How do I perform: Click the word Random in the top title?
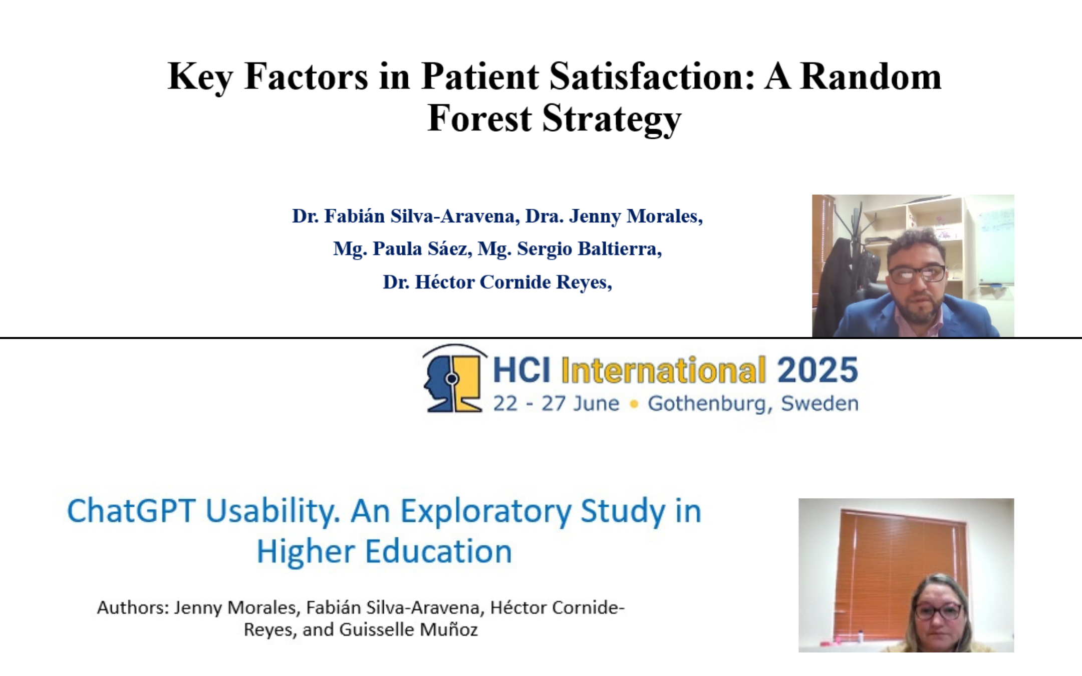[871, 77]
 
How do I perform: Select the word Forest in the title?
[479, 119]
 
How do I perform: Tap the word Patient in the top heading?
[480, 77]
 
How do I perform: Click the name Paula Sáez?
[422, 249]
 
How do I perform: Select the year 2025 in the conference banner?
[818, 370]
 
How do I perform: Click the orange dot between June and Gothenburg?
[634, 404]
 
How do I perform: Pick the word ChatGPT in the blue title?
[131, 511]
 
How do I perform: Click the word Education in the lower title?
[438, 551]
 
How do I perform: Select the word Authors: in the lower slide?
[133, 607]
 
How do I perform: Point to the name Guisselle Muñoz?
[409, 629]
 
